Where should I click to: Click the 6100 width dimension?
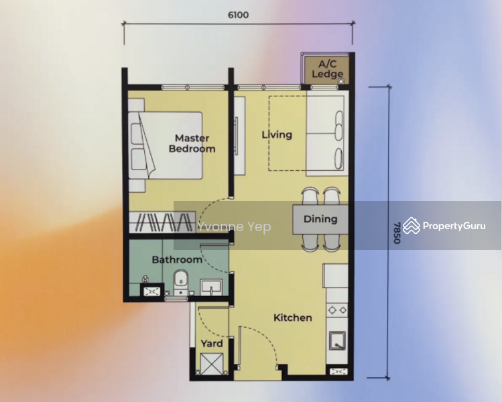(238, 15)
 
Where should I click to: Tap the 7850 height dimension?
(397, 232)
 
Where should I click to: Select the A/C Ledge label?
(328, 69)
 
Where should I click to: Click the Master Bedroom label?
(192, 143)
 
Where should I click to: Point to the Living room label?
(277, 135)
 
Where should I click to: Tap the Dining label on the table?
(320, 219)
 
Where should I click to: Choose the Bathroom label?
(177, 259)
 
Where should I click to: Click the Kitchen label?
(293, 318)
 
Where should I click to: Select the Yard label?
(212, 344)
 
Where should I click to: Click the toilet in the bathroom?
(181, 282)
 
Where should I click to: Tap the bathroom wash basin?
(211, 287)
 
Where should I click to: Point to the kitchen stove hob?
(337, 310)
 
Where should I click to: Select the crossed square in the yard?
(212, 364)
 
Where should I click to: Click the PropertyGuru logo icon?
(412, 226)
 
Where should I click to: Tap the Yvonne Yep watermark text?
(234, 226)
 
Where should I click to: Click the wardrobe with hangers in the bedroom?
(162, 222)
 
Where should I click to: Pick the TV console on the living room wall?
(239, 136)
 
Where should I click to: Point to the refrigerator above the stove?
(335, 275)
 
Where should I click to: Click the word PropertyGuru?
(454, 226)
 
